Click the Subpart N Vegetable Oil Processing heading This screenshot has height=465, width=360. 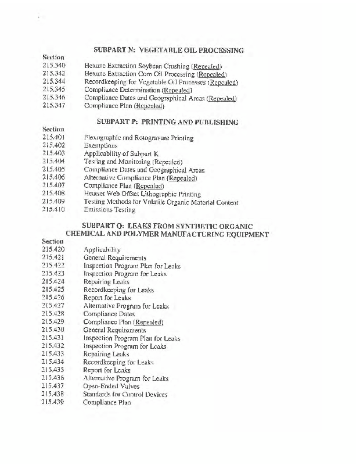(168, 51)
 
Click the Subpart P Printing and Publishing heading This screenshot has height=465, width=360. (167, 123)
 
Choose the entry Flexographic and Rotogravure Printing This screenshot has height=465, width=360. (139, 138)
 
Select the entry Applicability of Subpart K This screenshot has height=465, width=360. (121, 154)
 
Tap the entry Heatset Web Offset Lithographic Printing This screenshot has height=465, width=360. (142, 194)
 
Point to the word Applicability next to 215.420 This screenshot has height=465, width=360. (102, 249)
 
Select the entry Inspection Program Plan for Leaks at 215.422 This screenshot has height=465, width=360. (132, 266)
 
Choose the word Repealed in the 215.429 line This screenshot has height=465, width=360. (149, 322)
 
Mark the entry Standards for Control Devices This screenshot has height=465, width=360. (125, 395)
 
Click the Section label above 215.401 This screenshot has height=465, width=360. (53, 130)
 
